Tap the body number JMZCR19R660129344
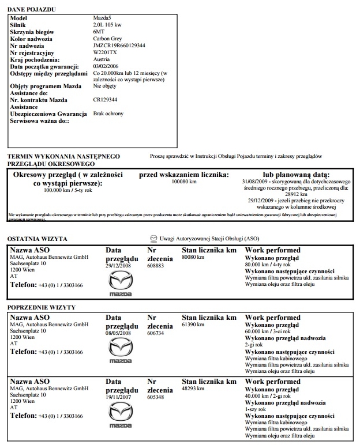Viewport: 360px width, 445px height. [119, 46]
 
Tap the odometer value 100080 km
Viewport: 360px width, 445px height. [185, 182]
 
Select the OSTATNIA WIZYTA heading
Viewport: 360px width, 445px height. [37, 239]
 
